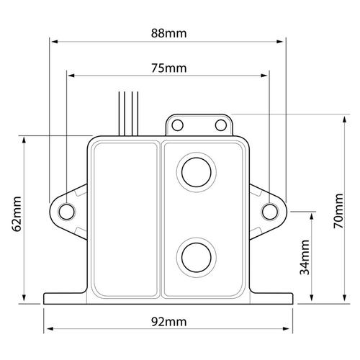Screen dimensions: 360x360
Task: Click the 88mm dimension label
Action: [168, 33]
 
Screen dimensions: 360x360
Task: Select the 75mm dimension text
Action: [168, 68]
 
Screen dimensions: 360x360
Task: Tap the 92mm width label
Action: [168, 322]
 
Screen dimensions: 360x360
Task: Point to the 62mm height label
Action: [17, 214]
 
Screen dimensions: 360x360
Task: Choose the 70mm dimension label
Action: [338, 211]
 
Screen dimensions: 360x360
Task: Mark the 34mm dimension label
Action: [305, 257]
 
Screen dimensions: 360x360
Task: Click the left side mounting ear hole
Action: [67, 212]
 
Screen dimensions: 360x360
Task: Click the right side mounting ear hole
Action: [270, 212]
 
